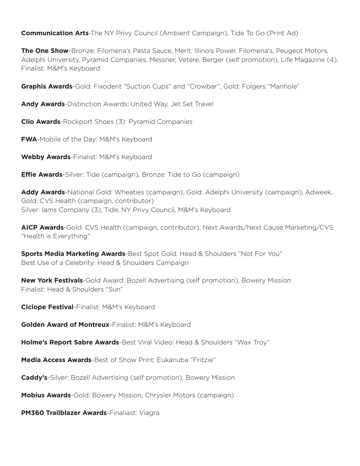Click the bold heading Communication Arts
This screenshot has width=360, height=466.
click(x=55, y=33)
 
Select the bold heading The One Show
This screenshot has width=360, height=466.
click(x=45, y=51)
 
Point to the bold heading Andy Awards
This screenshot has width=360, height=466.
click(x=43, y=104)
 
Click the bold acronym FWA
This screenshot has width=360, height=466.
click(x=29, y=139)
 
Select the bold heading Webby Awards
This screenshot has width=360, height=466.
click(x=46, y=157)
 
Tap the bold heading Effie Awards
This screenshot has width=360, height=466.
click(x=42, y=174)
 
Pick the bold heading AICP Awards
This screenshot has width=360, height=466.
click(x=42, y=227)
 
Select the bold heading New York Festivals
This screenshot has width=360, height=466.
click(x=52, y=280)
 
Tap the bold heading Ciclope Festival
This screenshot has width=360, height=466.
click(x=47, y=307)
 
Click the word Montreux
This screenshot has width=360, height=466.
click(x=94, y=325)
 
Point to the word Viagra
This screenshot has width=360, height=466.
click(x=149, y=413)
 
